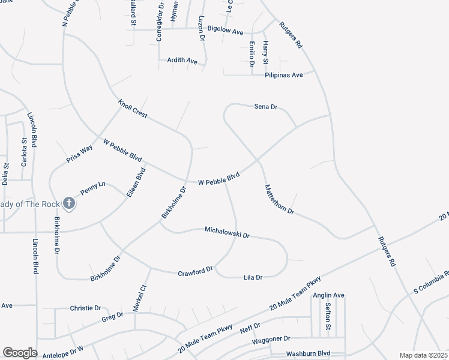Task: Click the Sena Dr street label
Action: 265,107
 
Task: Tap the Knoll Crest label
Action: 133,109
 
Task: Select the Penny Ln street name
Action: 92,188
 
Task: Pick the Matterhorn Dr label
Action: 280,200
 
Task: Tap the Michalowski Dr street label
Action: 227,232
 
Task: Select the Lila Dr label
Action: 253,277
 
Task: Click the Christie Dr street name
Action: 85,308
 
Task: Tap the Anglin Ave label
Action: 328,295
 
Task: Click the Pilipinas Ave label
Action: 289,75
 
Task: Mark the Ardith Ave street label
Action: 183,61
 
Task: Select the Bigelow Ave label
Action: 225,31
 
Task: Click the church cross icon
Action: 69,203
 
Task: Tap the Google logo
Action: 20,353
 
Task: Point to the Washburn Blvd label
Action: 309,354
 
